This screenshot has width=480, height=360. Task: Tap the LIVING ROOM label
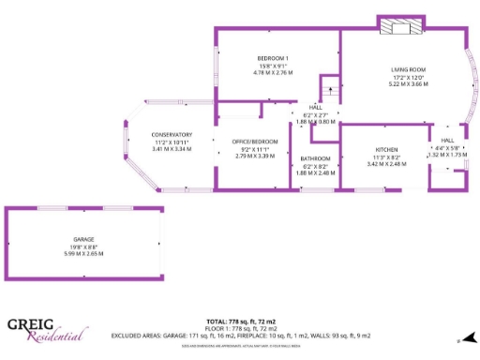point(409,70)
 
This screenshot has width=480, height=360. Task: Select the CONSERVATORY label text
point(172,135)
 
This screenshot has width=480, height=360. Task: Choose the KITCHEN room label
point(386,150)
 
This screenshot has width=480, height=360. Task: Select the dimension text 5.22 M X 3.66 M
point(409,83)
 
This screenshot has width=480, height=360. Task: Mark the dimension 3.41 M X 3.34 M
point(172,149)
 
